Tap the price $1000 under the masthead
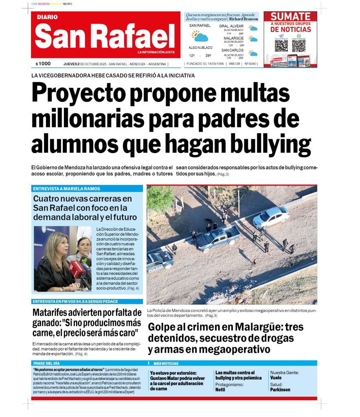click(43, 64)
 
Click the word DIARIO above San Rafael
click(47, 17)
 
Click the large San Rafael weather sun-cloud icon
click(200, 37)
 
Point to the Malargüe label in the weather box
click(233, 38)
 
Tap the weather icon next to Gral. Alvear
click(253, 28)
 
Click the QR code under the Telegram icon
click(281, 46)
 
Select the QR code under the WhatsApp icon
click(299, 46)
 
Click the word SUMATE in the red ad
click(290, 16)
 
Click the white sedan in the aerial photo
click(271, 217)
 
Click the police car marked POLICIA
click(160, 260)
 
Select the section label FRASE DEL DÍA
click(46, 363)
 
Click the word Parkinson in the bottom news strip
click(281, 389)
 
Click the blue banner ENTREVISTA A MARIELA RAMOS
click(66, 189)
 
